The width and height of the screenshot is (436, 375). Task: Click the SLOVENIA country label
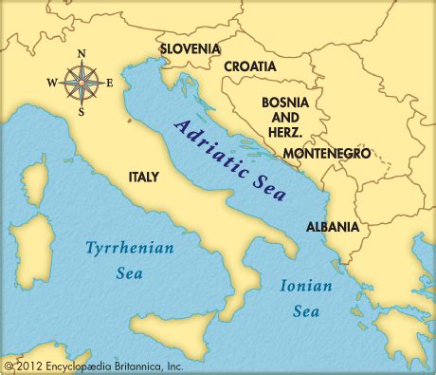[x=191, y=47]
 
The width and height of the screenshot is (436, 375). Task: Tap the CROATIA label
[x=250, y=67]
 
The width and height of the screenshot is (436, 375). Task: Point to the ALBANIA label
[x=333, y=227]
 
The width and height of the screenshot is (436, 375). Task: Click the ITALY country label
[x=144, y=177]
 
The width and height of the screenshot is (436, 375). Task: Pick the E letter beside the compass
[x=109, y=83]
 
